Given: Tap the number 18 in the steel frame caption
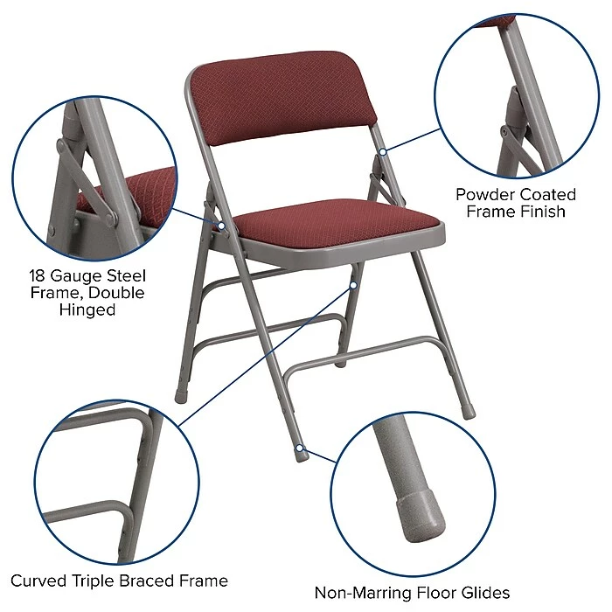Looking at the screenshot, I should pos(38,274).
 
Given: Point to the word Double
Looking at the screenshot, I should pos(115,292).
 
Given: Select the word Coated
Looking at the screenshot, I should pos(546,193).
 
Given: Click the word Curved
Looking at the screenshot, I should pos(38,581).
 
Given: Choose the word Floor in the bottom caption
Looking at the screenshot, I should pos(434,593).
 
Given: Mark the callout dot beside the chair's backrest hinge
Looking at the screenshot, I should pos(382,152).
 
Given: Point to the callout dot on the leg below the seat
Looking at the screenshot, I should pos(354,285).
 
